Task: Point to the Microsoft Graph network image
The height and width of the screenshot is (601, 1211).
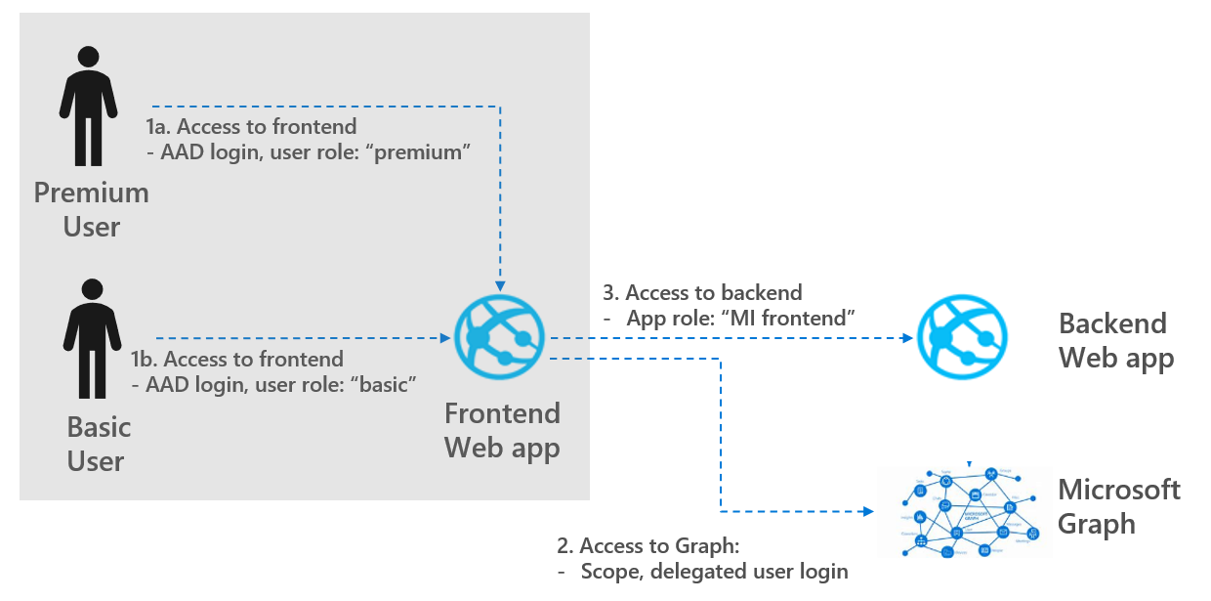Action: pyautogui.click(x=963, y=510)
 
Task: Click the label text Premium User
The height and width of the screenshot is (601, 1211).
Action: pyautogui.click(x=92, y=209)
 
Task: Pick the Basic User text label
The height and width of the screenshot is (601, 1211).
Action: pyautogui.click(x=98, y=444)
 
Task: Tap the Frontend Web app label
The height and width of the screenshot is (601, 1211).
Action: pyautogui.click(x=502, y=430)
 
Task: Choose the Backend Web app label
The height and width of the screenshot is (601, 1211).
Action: pyautogui.click(x=1115, y=340)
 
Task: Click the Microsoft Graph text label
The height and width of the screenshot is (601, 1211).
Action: pyautogui.click(x=1118, y=506)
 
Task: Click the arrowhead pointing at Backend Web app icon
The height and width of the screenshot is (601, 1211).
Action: pyautogui.click(x=906, y=339)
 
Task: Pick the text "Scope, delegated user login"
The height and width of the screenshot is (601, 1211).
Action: pyautogui.click(x=713, y=571)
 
